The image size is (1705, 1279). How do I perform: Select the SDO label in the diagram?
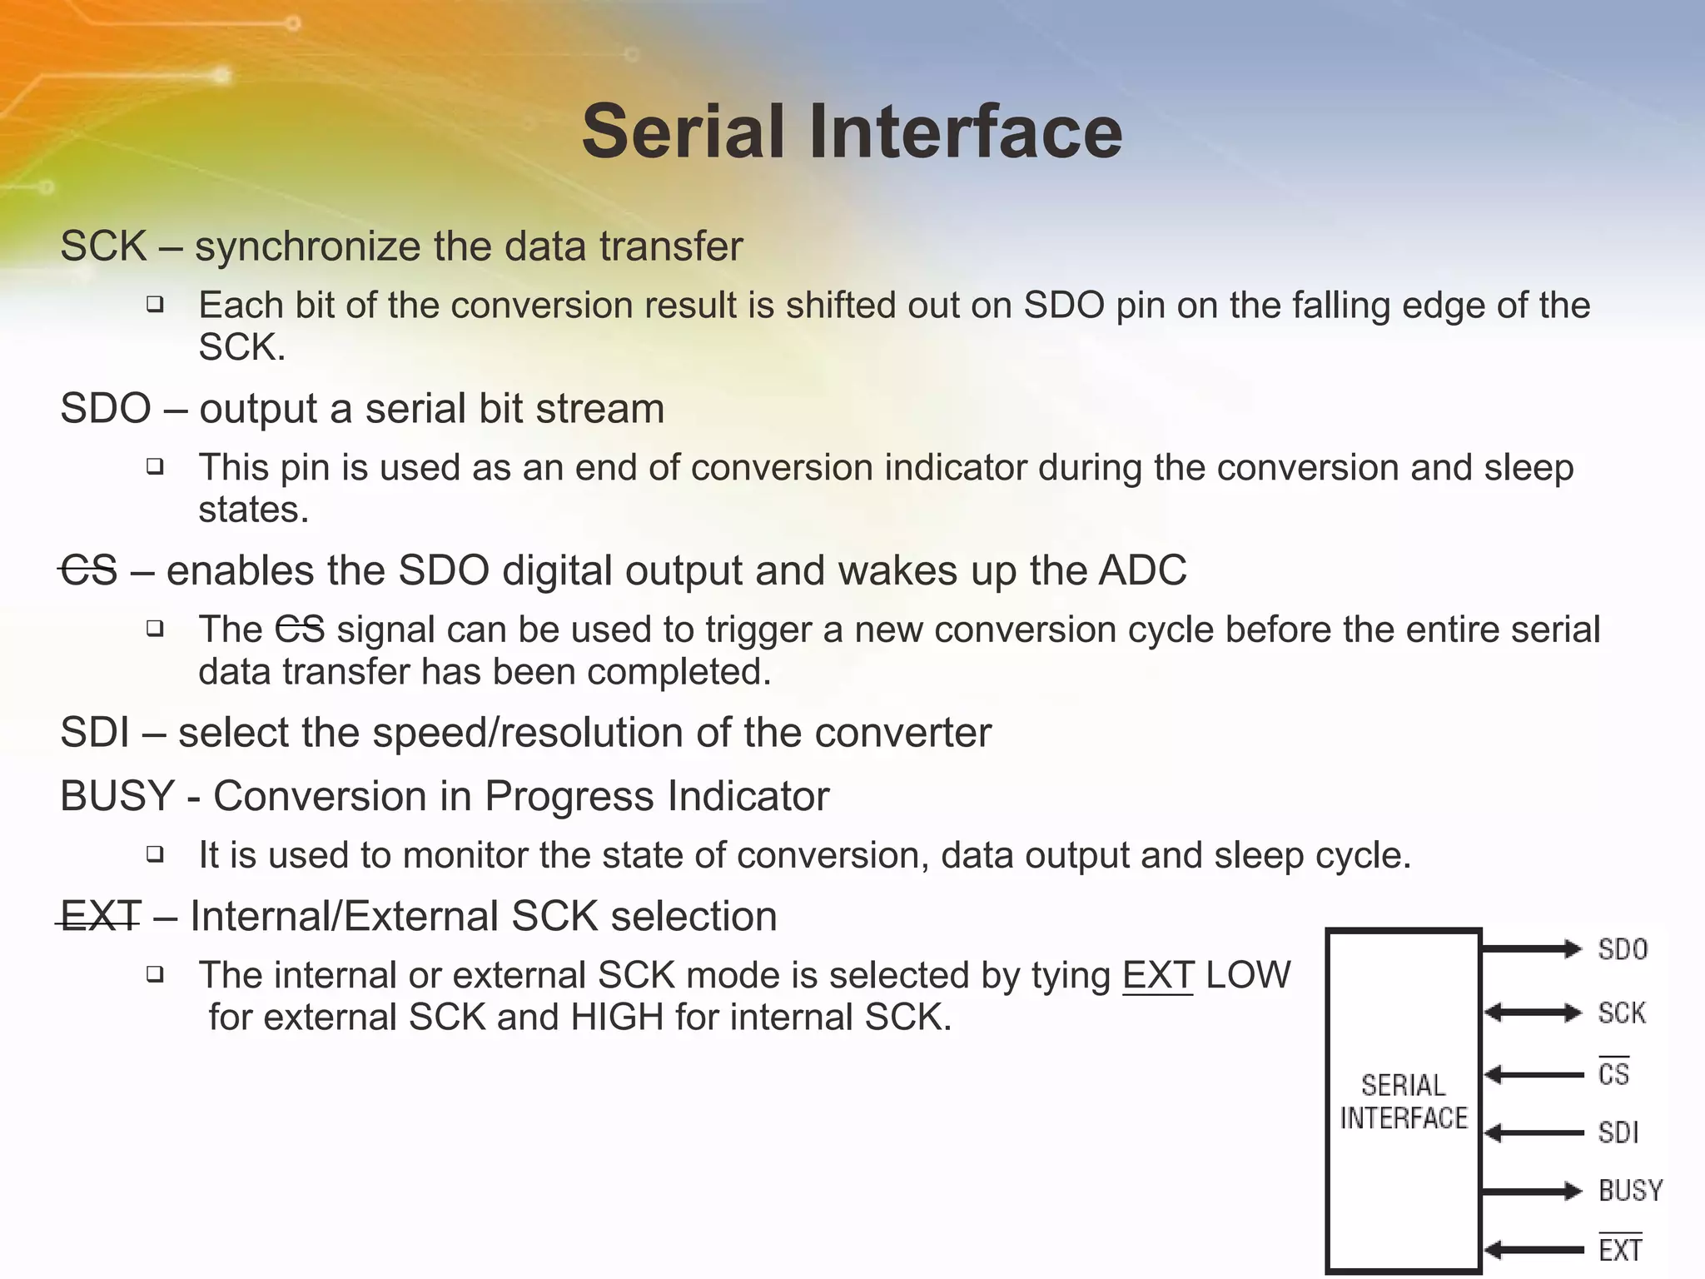(1623, 950)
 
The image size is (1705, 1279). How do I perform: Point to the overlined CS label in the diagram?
(1613, 1074)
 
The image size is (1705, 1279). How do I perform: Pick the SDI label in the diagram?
(1618, 1133)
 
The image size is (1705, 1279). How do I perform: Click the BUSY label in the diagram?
(1630, 1191)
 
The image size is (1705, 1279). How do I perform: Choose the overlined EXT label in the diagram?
(1620, 1250)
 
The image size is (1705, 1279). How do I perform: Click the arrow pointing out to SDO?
(1532, 948)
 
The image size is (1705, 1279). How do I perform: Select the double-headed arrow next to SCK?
(1533, 1013)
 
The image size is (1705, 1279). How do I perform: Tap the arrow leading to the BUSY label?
(1532, 1192)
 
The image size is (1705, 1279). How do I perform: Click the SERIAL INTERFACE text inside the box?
(1404, 1102)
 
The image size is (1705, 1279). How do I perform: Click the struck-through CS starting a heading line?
(89, 571)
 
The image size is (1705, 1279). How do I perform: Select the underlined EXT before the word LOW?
(1158, 975)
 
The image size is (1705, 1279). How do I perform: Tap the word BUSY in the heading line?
(117, 796)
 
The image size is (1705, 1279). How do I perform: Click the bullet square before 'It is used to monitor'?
(155, 853)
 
